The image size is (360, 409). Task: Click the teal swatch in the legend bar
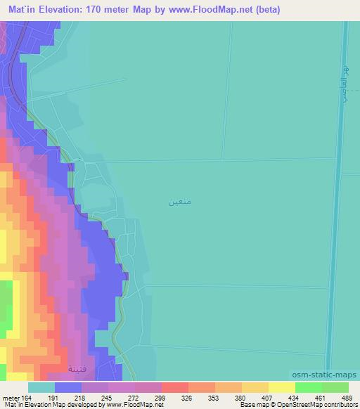pos(41,387)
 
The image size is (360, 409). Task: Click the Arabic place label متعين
pos(180,202)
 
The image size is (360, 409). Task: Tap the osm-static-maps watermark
pos(330,375)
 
